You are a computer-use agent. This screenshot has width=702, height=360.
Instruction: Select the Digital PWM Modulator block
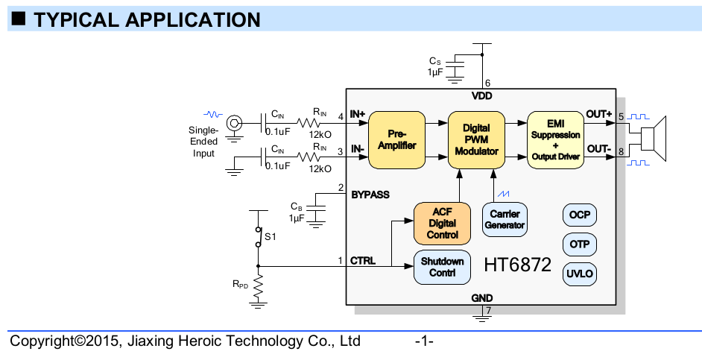pyautogui.click(x=475, y=139)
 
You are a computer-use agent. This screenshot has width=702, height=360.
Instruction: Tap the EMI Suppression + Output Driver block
pyautogui.click(x=555, y=139)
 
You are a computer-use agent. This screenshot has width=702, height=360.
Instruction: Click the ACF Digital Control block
pyautogui.click(x=442, y=223)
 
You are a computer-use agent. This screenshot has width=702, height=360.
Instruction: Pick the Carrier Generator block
pyautogui.click(x=505, y=219)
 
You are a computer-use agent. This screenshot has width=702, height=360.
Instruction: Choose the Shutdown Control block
pyautogui.click(x=442, y=267)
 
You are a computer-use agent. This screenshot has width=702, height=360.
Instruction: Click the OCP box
pyautogui.click(x=580, y=215)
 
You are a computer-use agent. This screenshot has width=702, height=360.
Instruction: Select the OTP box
pyautogui.click(x=580, y=244)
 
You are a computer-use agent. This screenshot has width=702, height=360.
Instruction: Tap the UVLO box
pyautogui.click(x=580, y=274)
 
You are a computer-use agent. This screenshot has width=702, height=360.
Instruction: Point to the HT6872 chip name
pyautogui.click(x=518, y=265)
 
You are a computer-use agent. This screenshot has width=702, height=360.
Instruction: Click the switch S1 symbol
pyautogui.click(x=258, y=236)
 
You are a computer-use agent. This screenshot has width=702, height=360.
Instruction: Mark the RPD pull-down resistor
pyautogui.click(x=258, y=284)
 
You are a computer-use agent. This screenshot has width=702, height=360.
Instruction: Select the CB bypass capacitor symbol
pyautogui.click(x=316, y=206)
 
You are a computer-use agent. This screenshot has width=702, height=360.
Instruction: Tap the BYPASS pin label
pyautogui.click(x=370, y=195)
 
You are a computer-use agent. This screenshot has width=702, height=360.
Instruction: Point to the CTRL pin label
pyautogui.click(x=363, y=261)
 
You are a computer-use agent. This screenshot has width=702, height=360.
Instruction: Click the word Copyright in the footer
pyautogui.click(x=41, y=342)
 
